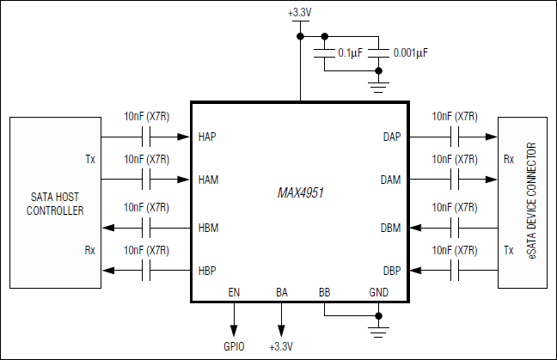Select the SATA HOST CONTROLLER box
click(x=55, y=204)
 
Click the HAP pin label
click(x=207, y=137)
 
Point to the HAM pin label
click(x=208, y=180)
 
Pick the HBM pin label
click(x=208, y=228)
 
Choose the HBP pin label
click(x=207, y=271)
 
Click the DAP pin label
click(x=392, y=137)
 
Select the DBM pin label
click(x=391, y=228)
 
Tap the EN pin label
click(x=234, y=293)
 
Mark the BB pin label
click(x=324, y=293)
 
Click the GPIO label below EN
click(x=234, y=346)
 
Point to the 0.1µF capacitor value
click(x=351, y=53)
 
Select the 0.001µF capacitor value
click(x=411, y=53)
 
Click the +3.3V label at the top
click(x=300, y=13)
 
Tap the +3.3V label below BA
click(x=281, y=346)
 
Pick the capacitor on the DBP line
click(x=455, y=271)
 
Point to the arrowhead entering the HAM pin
click(x=184, y=180)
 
